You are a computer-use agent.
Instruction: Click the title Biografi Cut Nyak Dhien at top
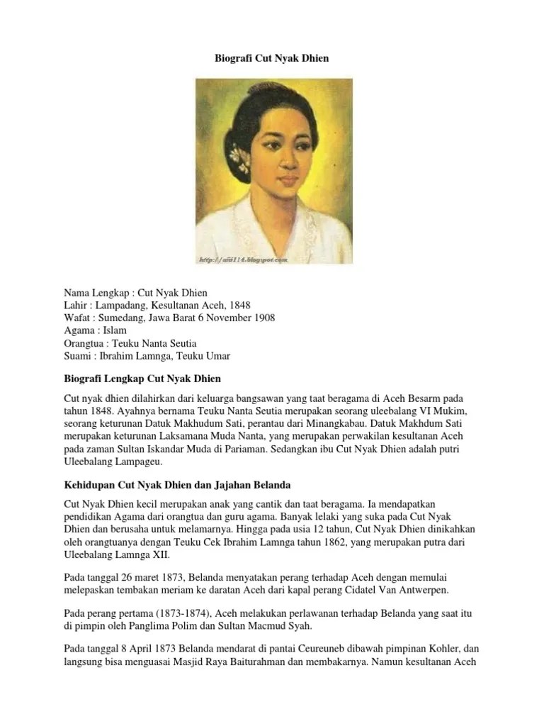(x=272, y=57)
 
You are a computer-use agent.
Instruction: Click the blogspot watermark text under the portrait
(x=243, y=260)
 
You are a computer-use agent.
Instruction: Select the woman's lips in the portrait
(x=290, y=182)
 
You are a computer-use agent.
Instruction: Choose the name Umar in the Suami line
(x=215, y=356)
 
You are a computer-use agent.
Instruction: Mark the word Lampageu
(x=138, y=462)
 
